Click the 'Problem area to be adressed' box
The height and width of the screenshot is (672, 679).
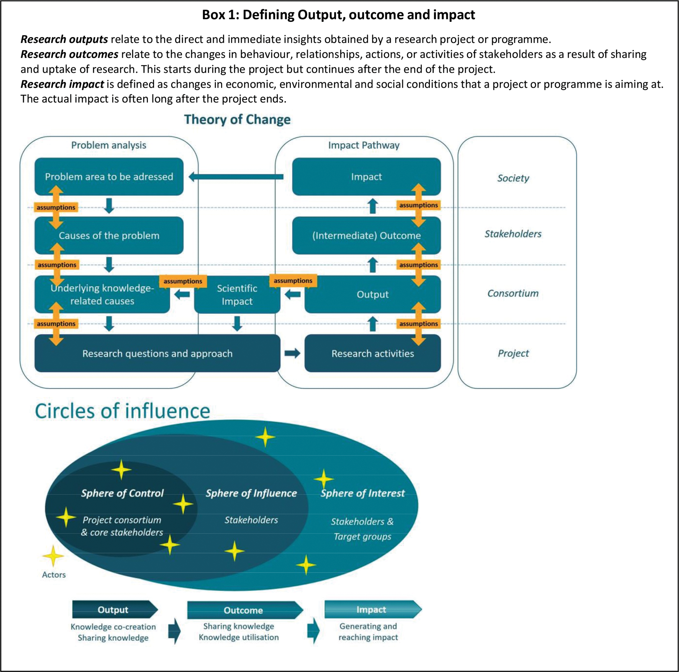click(109, 177)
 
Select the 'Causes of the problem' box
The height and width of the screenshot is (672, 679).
click(109, 235)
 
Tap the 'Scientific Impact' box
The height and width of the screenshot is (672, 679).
click(237, 294)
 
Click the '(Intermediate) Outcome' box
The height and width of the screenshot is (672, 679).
click(366, 235)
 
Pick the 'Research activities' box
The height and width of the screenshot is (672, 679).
click(372, 353)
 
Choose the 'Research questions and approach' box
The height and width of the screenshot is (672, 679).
click(157, 353)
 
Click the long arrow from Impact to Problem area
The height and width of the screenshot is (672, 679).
click(236, 177)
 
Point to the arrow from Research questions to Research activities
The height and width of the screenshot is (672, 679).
click(292, 353)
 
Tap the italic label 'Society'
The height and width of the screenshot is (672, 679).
click(513, 178)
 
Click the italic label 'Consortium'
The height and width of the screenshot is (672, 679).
click(513, 293)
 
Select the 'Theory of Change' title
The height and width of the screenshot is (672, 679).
click(237, 119)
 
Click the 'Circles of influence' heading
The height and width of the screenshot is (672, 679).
click(123, 411)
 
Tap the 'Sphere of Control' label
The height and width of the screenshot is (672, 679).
click(122, 493)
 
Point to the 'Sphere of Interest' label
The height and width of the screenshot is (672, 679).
click(362, 493)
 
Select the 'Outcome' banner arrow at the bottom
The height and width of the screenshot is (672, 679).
click(244, 610)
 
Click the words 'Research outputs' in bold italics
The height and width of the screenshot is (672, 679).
click(64, 39)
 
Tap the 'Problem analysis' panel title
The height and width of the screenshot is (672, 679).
click(109, 145)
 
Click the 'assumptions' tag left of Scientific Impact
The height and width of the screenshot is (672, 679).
click(183, 281)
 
